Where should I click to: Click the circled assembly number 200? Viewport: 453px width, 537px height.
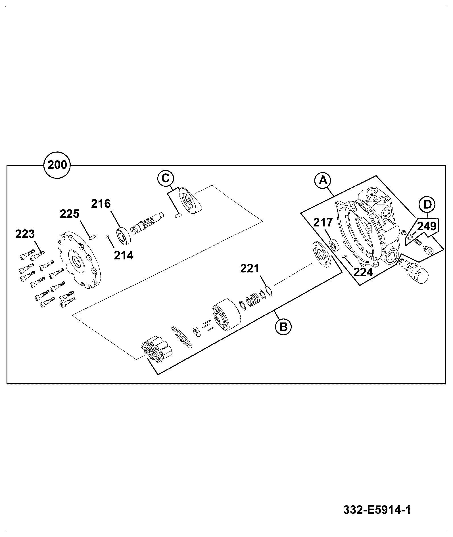point(57,165)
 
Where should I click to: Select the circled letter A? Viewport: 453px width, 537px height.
point(322,180)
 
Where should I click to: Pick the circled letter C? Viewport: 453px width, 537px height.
point(165,178)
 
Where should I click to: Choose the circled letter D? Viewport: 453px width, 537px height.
point(427,204)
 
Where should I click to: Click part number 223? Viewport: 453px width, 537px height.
point(25,234)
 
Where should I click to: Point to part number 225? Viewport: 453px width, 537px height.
point(69,214)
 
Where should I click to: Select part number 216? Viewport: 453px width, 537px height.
point(101,204)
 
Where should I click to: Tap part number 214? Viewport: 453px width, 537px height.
point(124,255)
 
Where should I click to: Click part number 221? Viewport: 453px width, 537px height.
point(250,268)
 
